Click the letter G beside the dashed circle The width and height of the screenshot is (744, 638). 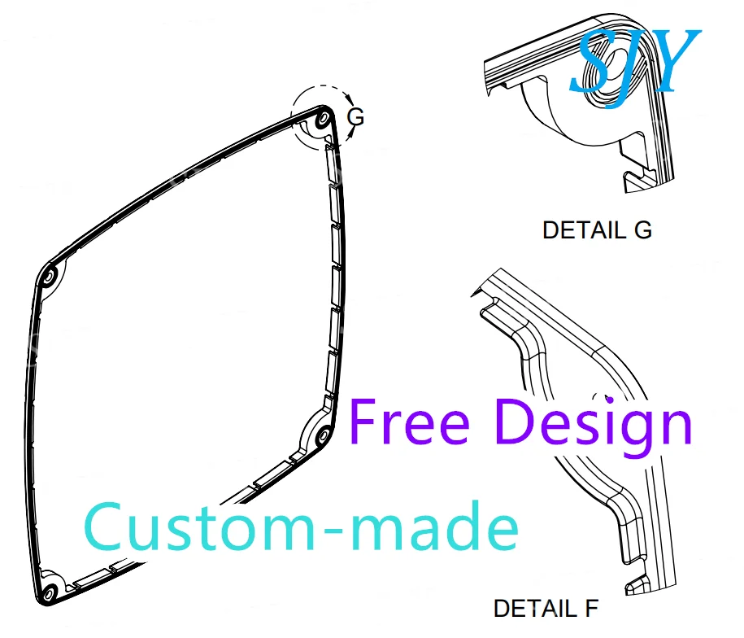[355, 117]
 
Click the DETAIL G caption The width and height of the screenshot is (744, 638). [597, 230]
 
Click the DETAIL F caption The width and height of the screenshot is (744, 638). [546, 608]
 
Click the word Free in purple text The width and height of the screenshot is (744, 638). [410, 423]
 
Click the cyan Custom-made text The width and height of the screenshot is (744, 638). [302, 527]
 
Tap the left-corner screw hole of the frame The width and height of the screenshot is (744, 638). [49, 278]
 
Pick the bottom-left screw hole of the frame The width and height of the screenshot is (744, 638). [48, 588]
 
